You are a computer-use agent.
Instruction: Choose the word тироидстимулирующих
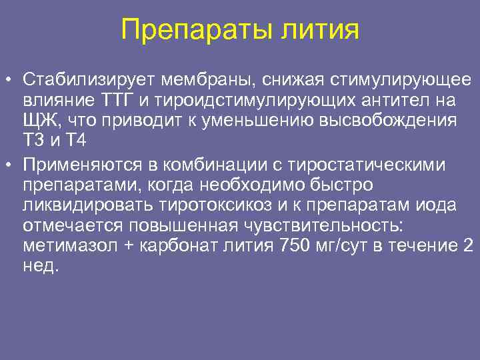tap(247, 101)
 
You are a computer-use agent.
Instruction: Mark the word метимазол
tap(67, 246)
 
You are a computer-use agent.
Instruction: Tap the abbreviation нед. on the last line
tap(41, 266)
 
